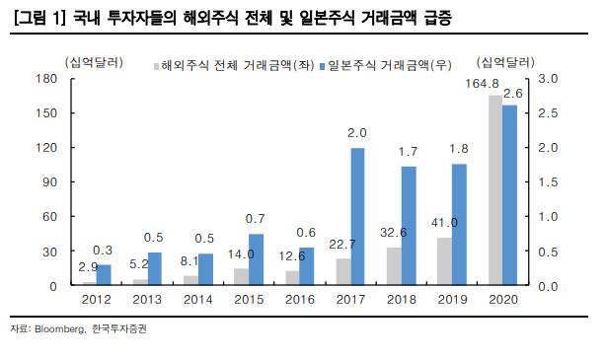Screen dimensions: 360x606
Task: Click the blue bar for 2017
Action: pos(358,217)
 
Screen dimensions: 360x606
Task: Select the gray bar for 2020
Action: pos(495,190)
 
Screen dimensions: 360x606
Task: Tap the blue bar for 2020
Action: pos(510,195)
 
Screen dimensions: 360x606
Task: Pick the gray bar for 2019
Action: pos(444,261)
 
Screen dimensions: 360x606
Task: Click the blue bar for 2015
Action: pos(256,259)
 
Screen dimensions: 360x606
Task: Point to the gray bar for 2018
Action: pos(393,266)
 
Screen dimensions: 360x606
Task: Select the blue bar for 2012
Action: pos(104,275)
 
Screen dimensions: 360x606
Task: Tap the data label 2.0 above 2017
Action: pos(357,132)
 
